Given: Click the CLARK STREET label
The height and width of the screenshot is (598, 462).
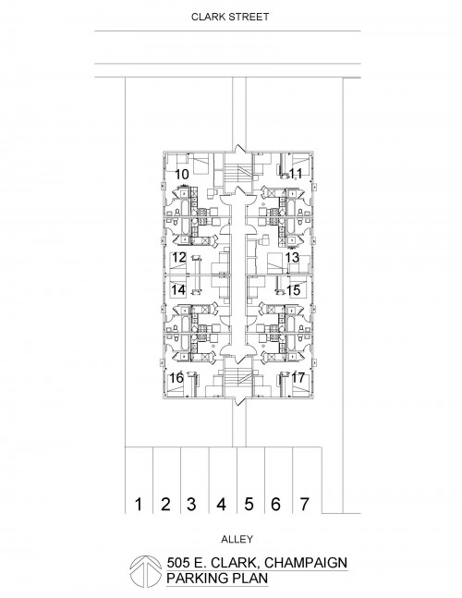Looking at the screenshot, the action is (x=230, y=17).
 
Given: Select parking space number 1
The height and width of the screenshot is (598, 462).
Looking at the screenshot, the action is (x=139, y=504).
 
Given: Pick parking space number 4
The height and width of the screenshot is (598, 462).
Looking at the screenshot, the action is (x=221, y=504).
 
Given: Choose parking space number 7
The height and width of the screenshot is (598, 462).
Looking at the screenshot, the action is (x=304, y=504).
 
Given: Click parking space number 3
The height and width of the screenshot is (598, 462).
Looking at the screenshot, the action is (x=191, y=504).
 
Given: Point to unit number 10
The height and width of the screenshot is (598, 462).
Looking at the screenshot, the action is (x=182, y=175).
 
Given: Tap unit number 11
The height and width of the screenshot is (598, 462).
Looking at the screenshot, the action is (x=296, y=174).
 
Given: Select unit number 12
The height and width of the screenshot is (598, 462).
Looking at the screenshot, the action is (x=178, y=258).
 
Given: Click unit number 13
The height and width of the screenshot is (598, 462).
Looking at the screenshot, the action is (x=292, y=258).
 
